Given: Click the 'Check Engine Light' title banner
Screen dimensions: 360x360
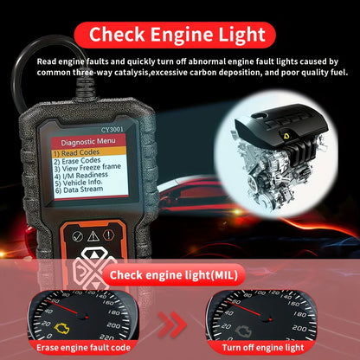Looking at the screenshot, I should pos(179,34).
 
